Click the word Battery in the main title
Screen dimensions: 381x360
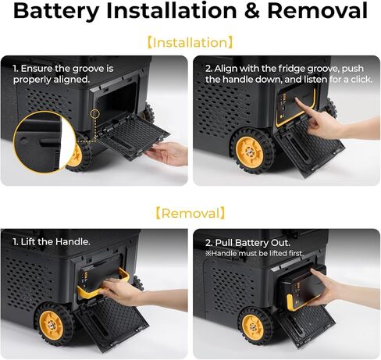56,11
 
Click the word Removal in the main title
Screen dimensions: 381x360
317,10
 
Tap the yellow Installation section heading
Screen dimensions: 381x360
190,43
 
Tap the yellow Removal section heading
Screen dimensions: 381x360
190,213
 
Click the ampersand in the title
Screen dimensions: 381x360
252,11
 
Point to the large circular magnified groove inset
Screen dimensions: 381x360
37,142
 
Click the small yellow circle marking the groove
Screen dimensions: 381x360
95,113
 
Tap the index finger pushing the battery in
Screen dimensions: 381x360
303,108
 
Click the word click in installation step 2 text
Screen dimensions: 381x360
361,79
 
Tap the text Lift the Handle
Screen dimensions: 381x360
52,242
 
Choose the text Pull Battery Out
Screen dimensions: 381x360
247,243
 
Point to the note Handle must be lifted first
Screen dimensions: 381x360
255,253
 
